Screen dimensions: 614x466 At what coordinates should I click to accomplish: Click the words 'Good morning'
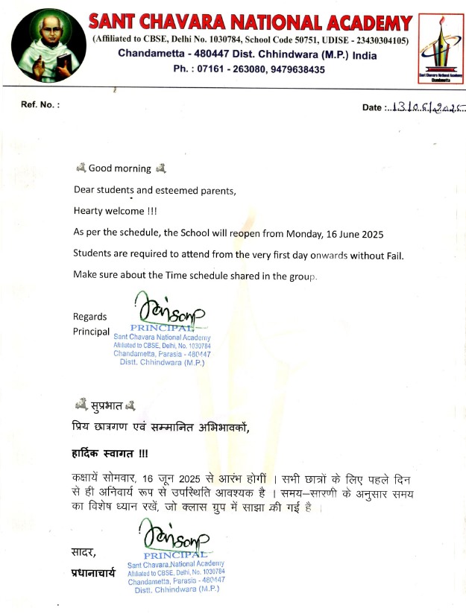pyautogui.click(x=119, y=168)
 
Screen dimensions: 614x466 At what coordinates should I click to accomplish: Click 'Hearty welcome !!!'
pyautogui.click(x=110, y=211)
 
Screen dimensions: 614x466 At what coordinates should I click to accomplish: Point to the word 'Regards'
pyautogui.click(x=89, y=316)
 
